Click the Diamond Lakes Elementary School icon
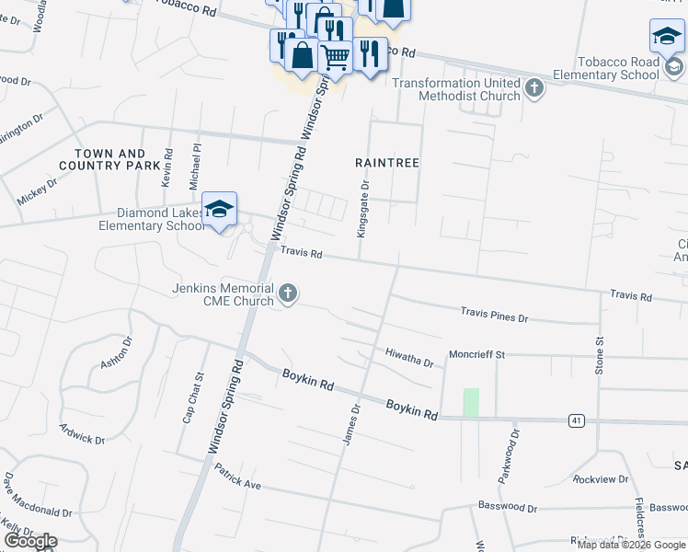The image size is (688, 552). pos(220,211)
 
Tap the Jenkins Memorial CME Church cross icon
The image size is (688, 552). pos(288,294)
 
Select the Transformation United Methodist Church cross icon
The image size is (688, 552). pos(533,88)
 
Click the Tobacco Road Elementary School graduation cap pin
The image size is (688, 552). pos(667,38)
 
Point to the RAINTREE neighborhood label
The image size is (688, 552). pos(387,163)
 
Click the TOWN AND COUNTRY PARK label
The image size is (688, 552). pos(109,159)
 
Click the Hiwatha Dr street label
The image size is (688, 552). pos(409,357)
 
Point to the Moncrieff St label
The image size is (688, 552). pos(477,354)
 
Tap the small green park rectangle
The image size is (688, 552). pos(471,402)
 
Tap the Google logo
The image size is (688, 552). pos(30,541)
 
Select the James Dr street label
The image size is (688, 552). pos(350,426)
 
